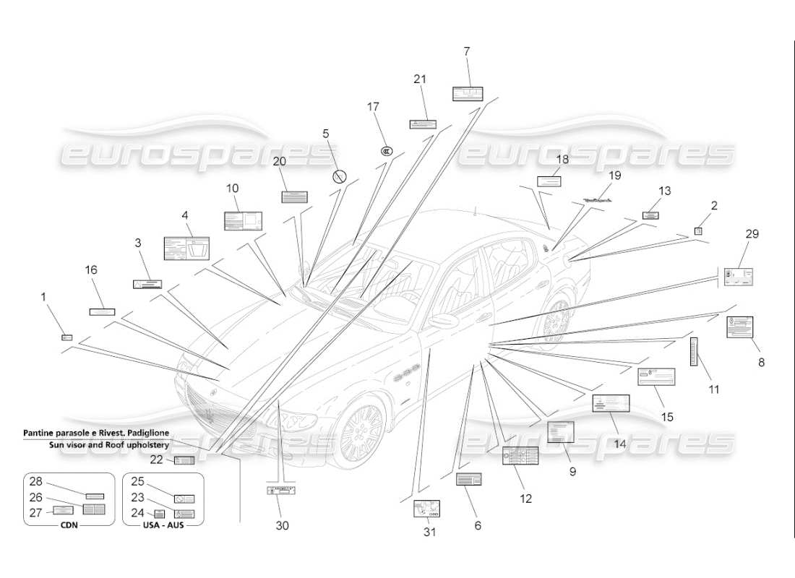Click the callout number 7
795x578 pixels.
tap(467, 51)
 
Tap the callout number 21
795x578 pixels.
tap(420, 79)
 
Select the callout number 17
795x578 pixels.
tap(373, 107)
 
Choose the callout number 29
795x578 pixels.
tap(752, 234)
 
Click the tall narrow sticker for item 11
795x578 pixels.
tap(694, 351)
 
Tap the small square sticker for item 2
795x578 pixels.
tap(698, 230)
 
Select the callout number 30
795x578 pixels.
tap(282, 525)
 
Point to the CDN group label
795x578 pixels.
tap(69, 525)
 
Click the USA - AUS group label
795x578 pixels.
tap(163, 525)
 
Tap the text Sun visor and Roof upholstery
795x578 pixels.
tap(108, 446)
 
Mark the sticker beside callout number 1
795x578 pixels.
tap(67, 337)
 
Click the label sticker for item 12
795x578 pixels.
tap(520, 457)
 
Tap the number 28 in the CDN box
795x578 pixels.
tap(35, 482)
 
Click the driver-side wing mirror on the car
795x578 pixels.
tap(442, 320)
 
